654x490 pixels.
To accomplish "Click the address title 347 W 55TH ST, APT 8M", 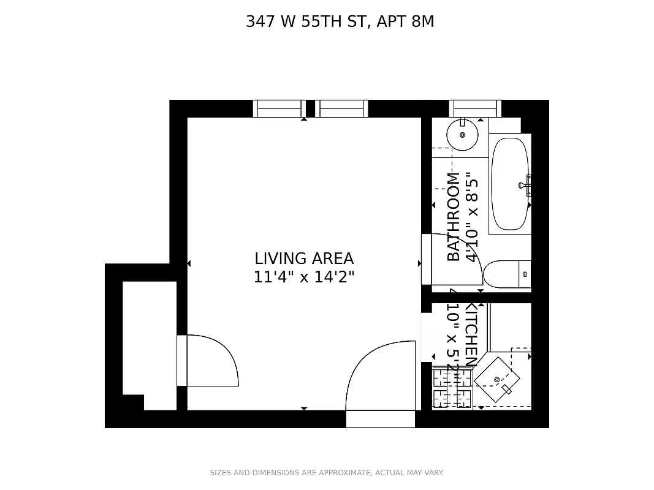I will point(340,21).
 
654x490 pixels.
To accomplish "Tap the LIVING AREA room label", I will point(304,258).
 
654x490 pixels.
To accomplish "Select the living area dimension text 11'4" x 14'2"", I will point(304,277).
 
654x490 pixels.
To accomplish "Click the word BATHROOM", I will point(453,217).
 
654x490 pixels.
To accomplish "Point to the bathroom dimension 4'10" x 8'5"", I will point(471,217).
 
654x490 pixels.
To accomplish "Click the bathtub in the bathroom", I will point(509,184).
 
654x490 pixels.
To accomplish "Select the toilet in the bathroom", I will point(506,274).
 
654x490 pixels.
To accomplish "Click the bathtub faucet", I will point(525,184).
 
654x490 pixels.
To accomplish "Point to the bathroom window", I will point(475,108).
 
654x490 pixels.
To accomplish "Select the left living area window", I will point(279,108).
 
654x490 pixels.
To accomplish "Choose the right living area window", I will point(341,108).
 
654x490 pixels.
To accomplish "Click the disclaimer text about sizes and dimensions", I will point(327,473).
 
